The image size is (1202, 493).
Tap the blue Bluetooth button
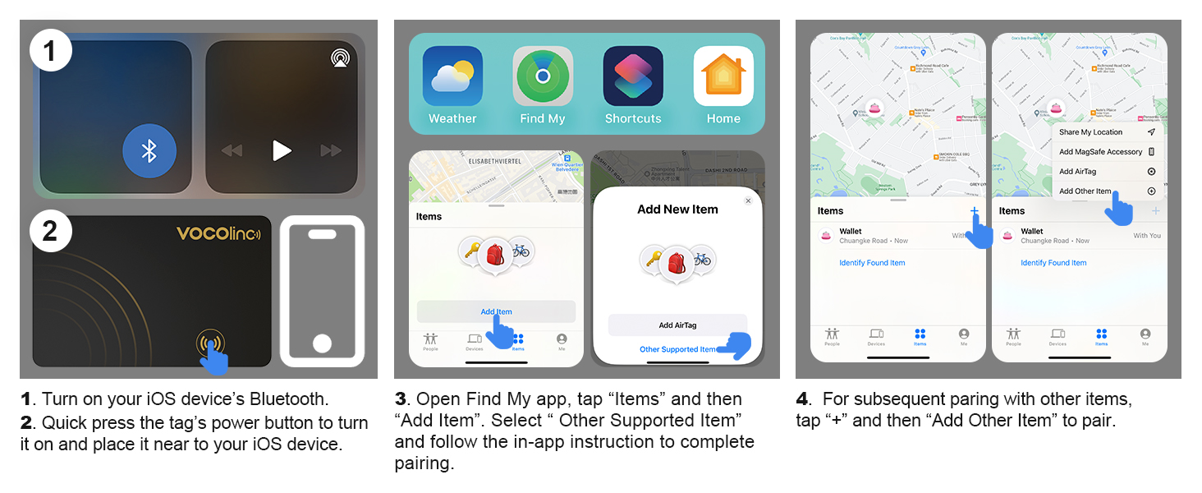[149, 151]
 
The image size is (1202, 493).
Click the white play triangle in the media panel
[282, 150]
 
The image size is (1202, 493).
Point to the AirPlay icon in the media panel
[339, 58]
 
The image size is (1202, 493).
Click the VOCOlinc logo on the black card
[218, 234]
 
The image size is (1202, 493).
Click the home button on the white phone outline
[322, 343]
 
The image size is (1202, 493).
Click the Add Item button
[496, 311]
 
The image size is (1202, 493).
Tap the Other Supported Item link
[678, 349]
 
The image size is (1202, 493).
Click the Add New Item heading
[677, 210]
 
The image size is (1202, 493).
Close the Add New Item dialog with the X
[748, 200]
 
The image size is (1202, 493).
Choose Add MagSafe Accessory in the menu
[1100, 152]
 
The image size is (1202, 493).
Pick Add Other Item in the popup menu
[1085, 191]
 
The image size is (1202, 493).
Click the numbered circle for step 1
[50, 51]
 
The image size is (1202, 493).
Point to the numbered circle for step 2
[50, 231]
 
